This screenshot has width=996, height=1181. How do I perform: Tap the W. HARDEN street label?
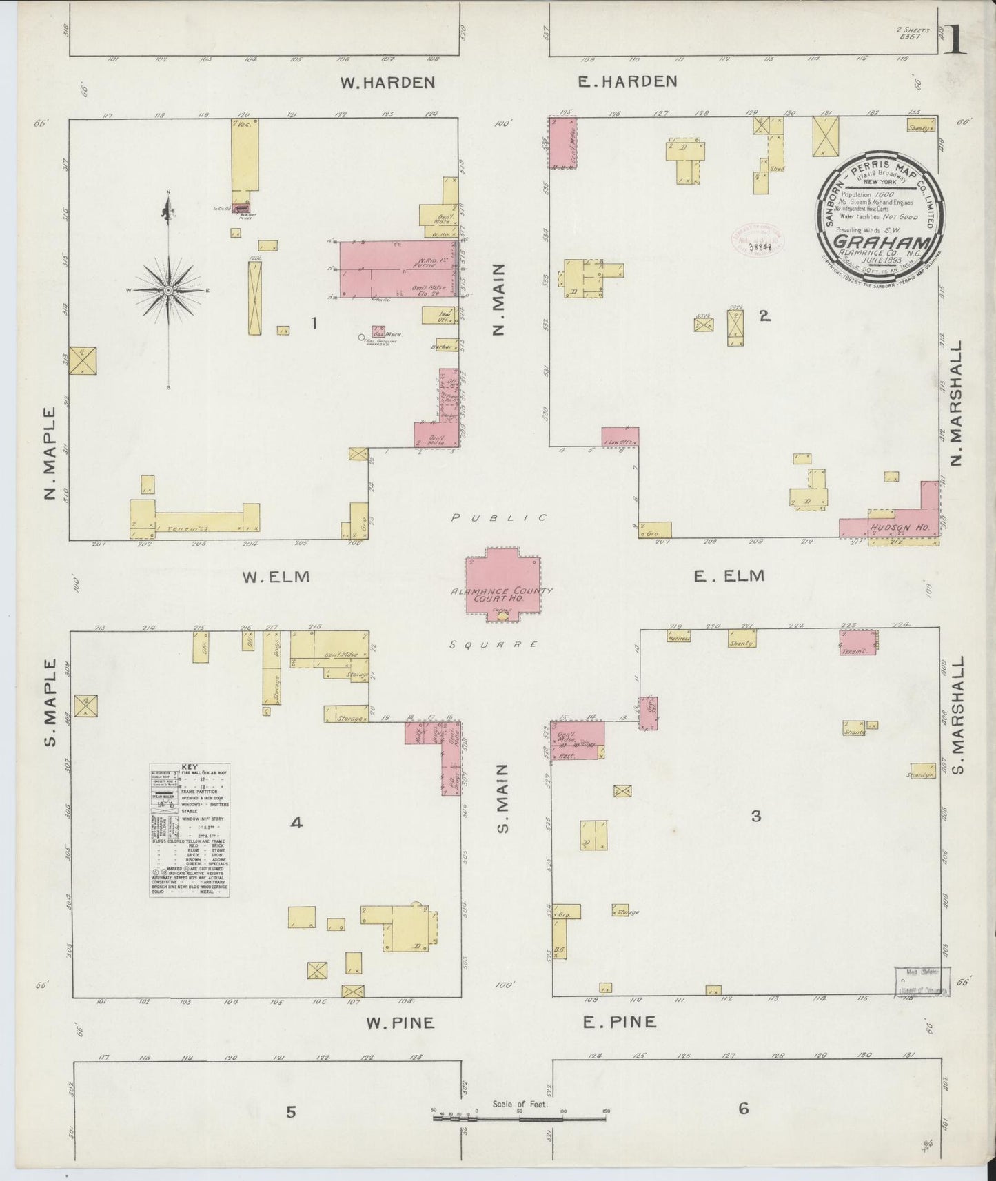[388, 83]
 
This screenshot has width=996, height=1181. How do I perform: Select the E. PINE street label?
[620, 1022]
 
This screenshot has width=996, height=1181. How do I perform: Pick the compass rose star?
[167, 291]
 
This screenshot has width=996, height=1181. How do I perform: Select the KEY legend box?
[190, 830]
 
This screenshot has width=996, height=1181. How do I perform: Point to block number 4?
[296, 821]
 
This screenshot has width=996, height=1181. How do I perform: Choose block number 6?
[743, 1109]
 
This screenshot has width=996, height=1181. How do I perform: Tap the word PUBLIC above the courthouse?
[499, 517]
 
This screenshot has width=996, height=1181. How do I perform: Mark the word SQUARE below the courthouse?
[494, 644]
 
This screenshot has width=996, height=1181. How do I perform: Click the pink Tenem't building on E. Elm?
[857, 643]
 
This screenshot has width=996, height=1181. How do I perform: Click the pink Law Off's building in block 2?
[620, 438]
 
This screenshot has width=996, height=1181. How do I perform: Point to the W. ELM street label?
[276, 577]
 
